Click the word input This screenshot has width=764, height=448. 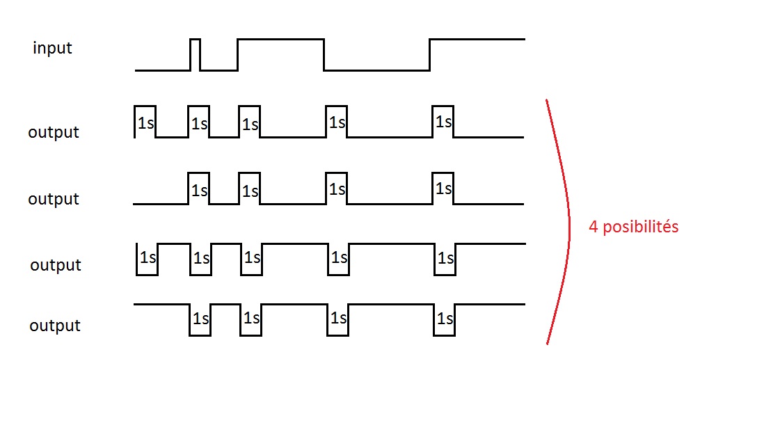tap(52, 49)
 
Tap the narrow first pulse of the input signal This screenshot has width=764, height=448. tap(195, 54)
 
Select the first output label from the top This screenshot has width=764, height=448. tap(54, 132)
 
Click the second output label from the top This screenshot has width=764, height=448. tap(54, 199)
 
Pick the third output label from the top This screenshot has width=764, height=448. tap(56, 265)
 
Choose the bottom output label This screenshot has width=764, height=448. tap(55, 326)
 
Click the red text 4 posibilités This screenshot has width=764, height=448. tap(633, 227)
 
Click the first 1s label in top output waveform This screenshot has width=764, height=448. tap(145, 123)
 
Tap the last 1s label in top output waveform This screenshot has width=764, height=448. tap(443, 122)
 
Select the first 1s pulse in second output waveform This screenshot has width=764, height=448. tap(199, 189)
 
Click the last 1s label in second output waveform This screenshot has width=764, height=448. tap(443, 189)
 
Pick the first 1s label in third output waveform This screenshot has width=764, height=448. tap(148, 257)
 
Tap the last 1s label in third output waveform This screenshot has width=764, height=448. tap(445, 258)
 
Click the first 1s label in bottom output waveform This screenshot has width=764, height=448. tap(200, 319)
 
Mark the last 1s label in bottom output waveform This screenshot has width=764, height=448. tap(445, 319)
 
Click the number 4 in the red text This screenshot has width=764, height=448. tap(594, 227)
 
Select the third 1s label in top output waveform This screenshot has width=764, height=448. tap(250, 125)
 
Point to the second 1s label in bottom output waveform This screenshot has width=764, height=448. tap(251, 319)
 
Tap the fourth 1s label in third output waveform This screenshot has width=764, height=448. tap(339, 257)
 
